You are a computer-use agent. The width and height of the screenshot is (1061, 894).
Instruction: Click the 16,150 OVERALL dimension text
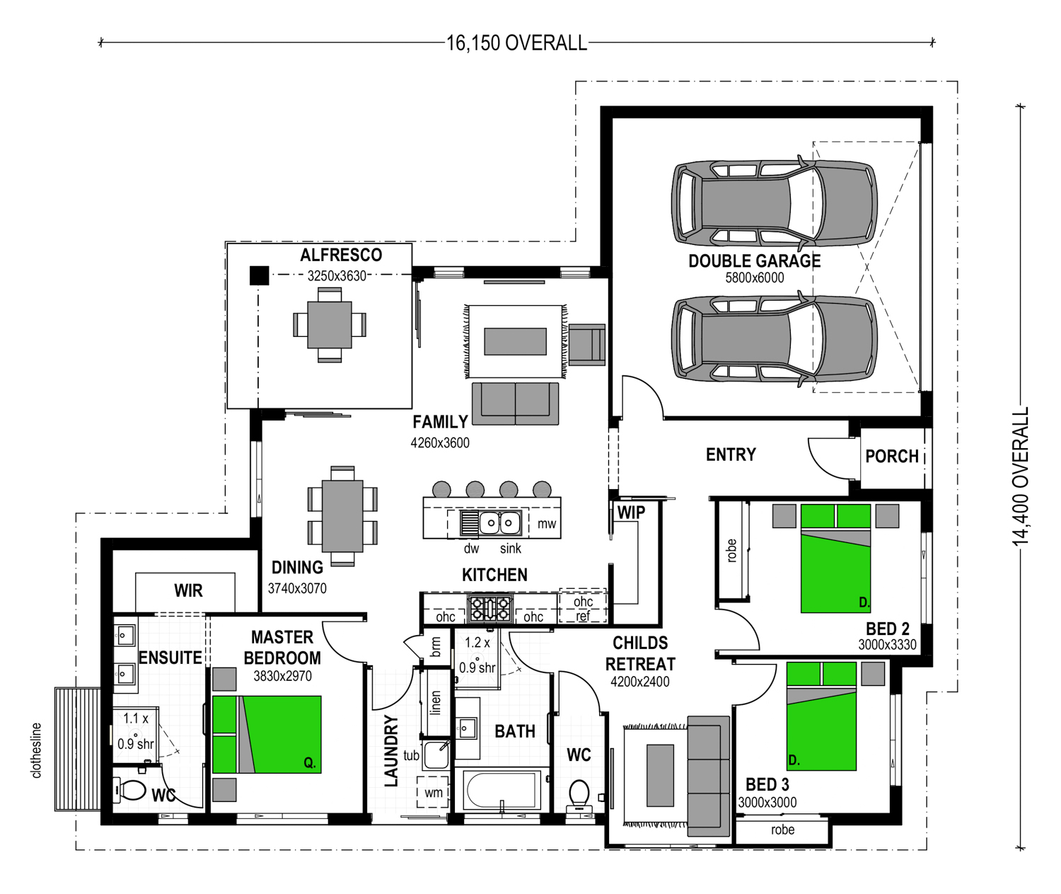pos(516,43)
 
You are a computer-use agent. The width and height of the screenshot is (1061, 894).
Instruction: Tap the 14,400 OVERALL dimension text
pos(1021,476)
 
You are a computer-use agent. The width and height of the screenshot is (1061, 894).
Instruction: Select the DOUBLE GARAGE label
pos(755,261)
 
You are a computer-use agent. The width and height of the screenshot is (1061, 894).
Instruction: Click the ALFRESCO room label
pos(341,255)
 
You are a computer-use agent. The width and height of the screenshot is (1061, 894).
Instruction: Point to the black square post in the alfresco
pos(259,275)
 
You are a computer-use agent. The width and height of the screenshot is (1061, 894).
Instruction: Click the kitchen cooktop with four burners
pos(490,608)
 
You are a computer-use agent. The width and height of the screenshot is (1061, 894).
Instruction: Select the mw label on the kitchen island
pos(547,524)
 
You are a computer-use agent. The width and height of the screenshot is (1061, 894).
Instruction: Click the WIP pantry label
pos(631,512)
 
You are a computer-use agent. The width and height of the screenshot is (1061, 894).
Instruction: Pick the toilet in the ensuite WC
pos(131,790)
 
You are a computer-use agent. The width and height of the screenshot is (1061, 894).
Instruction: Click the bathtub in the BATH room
pos(502,790)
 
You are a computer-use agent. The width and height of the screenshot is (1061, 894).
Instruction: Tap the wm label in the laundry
pos(434,792)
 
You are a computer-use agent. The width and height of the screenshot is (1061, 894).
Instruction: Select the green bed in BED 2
pos(835,558)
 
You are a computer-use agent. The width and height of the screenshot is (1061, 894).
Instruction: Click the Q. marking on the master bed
pos(310,763)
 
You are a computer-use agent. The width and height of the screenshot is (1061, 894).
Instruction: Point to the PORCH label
pos(892,456)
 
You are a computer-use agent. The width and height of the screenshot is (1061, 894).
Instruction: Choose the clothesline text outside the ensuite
pos(36,750)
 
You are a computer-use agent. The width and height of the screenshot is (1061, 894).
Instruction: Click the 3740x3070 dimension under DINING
pos(297,588)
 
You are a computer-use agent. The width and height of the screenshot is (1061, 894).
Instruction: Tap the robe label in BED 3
pos(782,830)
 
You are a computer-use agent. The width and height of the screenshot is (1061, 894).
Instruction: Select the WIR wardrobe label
pos(188,591)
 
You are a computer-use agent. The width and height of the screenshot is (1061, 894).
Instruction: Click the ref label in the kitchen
pos(582,617)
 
